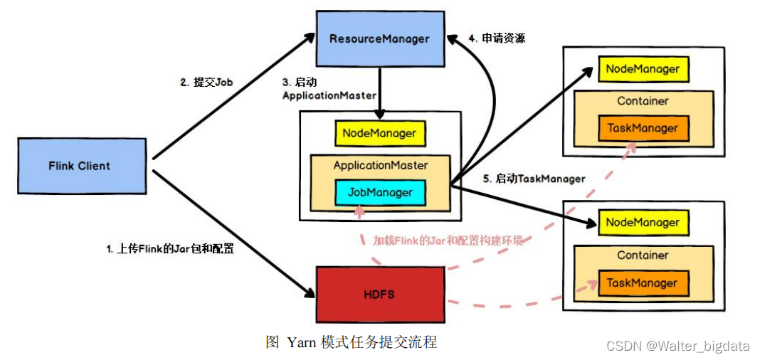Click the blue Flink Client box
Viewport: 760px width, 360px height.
coord(80,166)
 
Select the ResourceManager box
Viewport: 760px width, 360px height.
coord(379,38)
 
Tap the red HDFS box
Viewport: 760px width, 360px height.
coord(380,293)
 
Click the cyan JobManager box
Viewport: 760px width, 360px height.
coord(380,191)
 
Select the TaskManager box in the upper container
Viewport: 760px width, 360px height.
coord(643,129)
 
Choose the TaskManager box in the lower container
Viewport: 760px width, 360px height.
coord(642,283)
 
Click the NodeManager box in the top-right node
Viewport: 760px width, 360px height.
coord(643,70)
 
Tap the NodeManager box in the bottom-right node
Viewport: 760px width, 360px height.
coord(643,223)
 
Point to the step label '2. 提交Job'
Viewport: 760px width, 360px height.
coord(206,82)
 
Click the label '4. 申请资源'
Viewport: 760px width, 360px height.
coord(497,38)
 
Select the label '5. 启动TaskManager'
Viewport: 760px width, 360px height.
coord(534,179)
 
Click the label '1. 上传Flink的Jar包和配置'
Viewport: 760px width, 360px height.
coord(171,249)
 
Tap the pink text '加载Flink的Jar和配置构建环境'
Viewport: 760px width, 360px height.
coord(448,240)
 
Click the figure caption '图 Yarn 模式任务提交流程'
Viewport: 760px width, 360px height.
coord(352,342)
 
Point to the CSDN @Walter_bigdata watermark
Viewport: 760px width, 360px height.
coord(677,346)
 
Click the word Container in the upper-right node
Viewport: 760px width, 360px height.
coord(643,101)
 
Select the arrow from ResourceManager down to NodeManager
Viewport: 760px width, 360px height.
coord(381,91)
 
